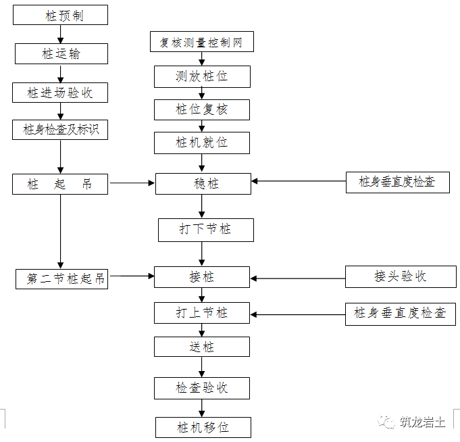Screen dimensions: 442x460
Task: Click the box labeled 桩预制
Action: pos(60,15)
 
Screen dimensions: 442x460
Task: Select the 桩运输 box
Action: pos(60,53)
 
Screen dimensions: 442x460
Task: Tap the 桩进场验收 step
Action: pos(60,93)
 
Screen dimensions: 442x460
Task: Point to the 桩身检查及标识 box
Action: pos(60,129)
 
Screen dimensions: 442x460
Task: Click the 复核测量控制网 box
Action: pos(201,43)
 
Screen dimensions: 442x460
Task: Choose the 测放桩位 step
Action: pos(201,76)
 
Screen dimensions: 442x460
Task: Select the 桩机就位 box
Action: pos(201,143)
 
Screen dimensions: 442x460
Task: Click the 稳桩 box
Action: pos(203,183)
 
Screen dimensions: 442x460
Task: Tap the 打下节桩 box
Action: pos(205,229)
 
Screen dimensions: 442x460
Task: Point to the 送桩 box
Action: pos(201,347)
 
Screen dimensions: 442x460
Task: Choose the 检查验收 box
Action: pos(201,388)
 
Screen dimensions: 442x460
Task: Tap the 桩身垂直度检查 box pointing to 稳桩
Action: pos(397,182)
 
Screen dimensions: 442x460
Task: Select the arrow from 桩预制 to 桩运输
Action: pos(60,34)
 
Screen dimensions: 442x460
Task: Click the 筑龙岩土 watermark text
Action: pos(421,422)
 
